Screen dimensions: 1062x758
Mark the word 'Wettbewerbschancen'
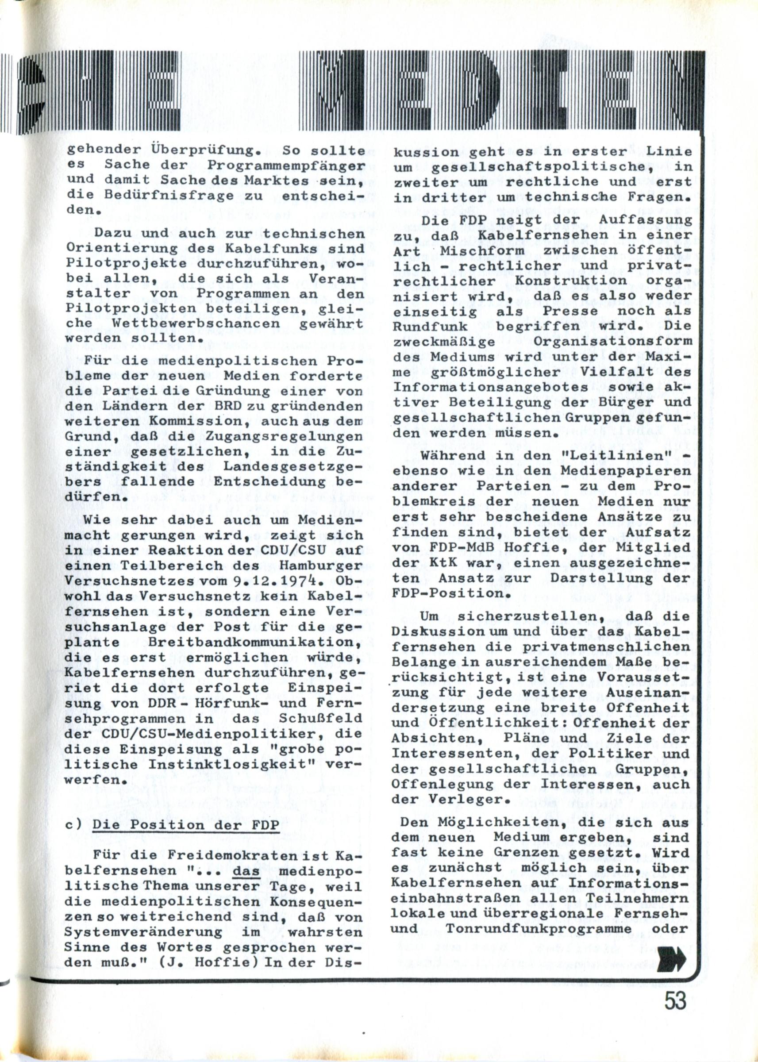pyautogui.click(x=196, y=323)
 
